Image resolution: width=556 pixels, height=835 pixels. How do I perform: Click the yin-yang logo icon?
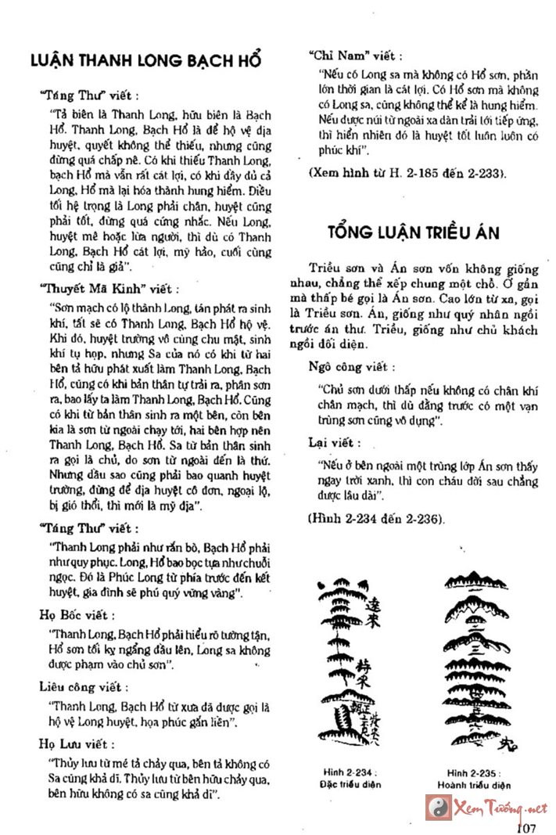tap(436, 806)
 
